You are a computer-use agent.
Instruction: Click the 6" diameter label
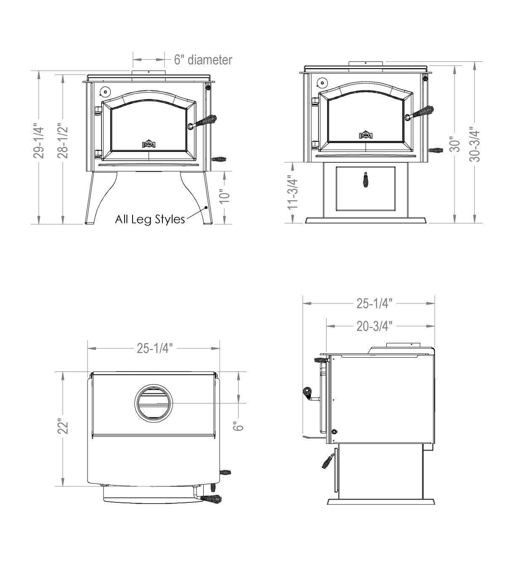[203, 60]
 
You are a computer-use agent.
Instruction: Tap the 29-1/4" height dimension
[38, 141]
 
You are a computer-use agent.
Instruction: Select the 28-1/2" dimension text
[63, 141]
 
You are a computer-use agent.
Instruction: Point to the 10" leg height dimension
[225, 196]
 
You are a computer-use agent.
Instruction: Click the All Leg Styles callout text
[150, 219]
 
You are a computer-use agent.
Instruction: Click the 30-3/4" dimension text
[475, 144]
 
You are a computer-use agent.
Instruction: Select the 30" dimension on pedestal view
[454, 145]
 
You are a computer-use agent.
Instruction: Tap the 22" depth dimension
[63, 426]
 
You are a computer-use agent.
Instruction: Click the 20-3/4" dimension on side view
[375, 326]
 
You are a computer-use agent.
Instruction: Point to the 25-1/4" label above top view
[154, 348]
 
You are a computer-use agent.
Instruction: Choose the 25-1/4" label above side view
[375, 303]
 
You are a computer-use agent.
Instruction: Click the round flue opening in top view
[154, 403]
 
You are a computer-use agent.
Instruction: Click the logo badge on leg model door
[149, 144]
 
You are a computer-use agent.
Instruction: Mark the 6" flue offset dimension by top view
[239, 426]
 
